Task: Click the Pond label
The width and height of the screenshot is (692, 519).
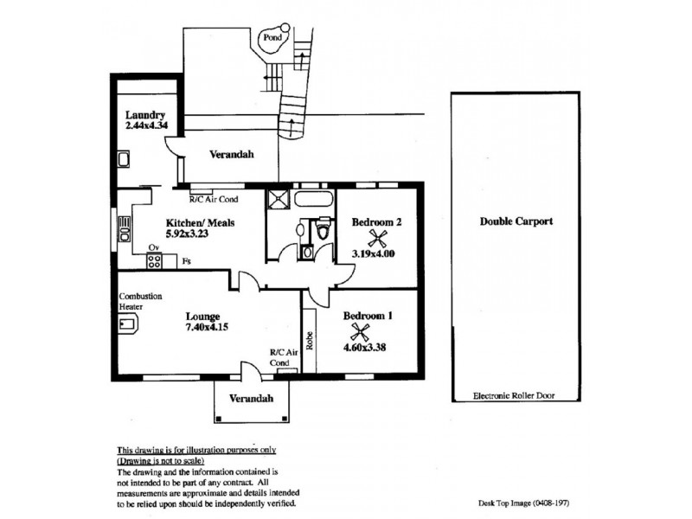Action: [x=272, y=37]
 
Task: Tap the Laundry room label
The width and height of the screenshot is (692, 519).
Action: [x=145, y=115]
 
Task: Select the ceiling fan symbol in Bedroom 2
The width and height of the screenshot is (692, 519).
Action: [x=376, y=239]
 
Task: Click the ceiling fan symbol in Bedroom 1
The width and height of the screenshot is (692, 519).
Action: [x=360, y=332]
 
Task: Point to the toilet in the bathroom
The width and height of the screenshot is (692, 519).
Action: [x=324, y=228]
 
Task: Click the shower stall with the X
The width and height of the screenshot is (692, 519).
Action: [x=279, y=199]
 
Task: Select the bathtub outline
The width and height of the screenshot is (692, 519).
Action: [x=312, y=199]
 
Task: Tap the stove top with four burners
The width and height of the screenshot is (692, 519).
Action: [x=154, y=260]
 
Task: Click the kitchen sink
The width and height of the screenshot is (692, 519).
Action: [x=125, y=228]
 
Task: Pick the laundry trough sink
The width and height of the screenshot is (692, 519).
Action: [x=124, y=159]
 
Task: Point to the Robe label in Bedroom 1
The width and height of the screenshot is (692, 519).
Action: [x=310, y=341]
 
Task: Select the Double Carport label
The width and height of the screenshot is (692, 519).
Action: [x=516, y=221]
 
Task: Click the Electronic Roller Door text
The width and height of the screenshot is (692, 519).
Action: [x=514, y=396]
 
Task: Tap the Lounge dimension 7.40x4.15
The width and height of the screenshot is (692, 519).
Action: [x=207, y=327]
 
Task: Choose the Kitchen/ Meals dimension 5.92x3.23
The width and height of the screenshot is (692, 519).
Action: [x=187, y=234]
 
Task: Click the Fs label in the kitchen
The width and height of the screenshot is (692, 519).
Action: [x=187, y=261]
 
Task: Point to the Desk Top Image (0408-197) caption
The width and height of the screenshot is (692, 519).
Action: [x=524, y=503]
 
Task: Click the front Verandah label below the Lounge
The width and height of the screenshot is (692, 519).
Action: [x=251, y=399]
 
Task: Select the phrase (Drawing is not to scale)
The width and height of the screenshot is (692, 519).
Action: [x=161, y=461]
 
